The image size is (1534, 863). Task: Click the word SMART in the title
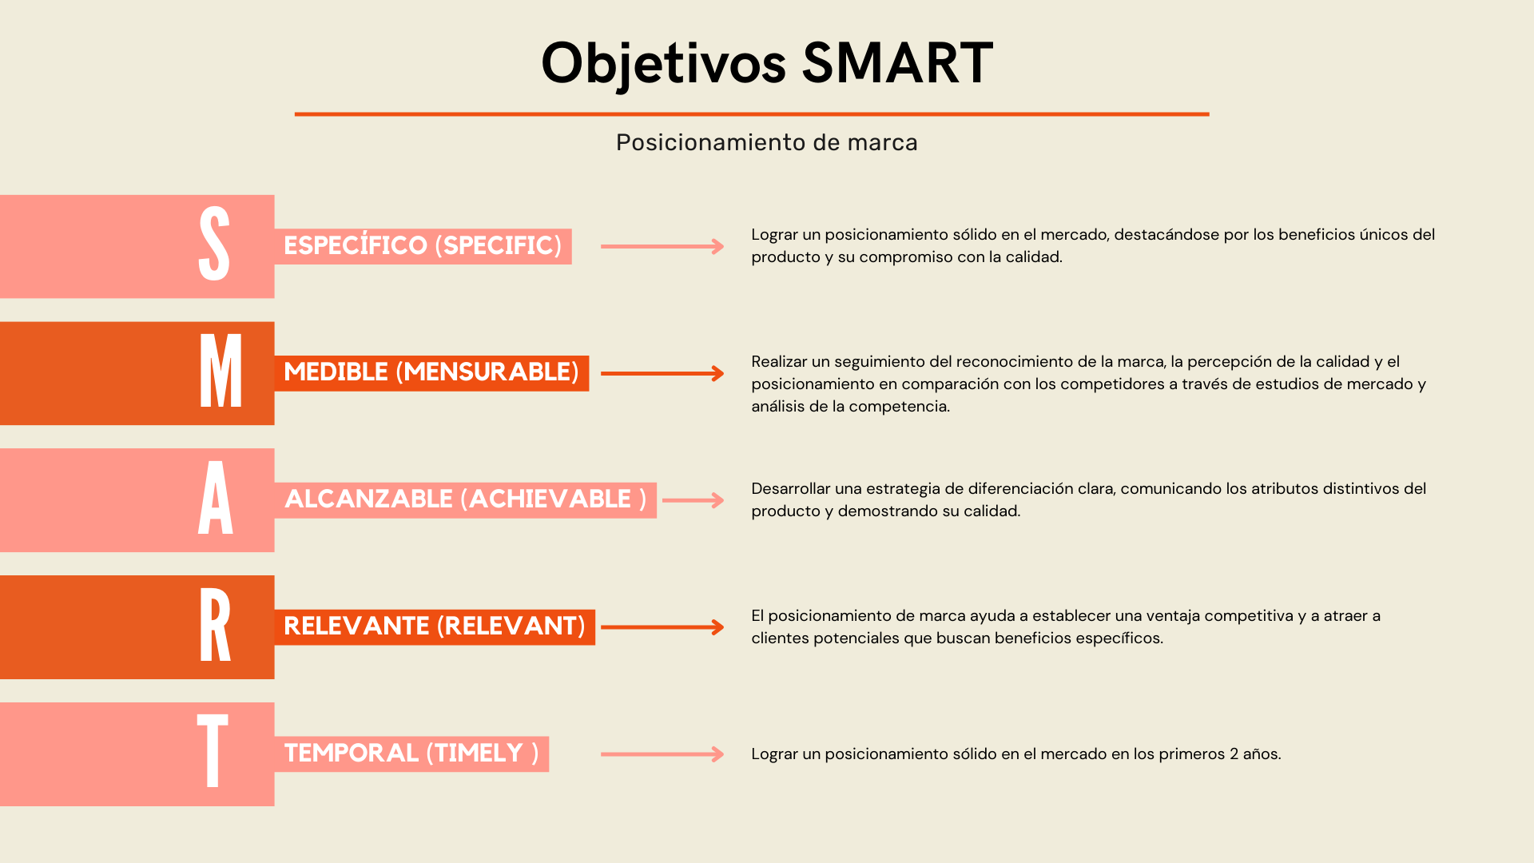pyautogui.click(x=897, y=62)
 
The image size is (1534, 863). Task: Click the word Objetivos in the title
pyautogui.click(x=663, y=64)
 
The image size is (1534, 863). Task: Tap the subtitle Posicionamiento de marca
pyautogui.click(x=766, y=142)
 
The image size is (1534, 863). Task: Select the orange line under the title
pyautogui.click(x=751, y=114)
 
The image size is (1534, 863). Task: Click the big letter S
pyautogui.click(x=214, y=245)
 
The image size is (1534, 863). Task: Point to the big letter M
pyautogui.click(x=220, y=372)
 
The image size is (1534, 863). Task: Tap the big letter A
pyautogui.click(x=216, y=499)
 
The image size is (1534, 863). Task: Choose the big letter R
pyautogui.click(x=215, y=626)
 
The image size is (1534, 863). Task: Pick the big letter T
pyautogui.click(x=213, y=751)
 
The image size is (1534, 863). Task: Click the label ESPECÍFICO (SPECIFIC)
pyautogui.click(x=423, y=246)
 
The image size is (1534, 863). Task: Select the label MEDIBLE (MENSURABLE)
pyautogui.click(x=431, y=372)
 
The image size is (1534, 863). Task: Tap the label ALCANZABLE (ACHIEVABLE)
pyautogui.click(x=465, y=499)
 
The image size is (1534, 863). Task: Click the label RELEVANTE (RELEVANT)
pyautogui.click(x=435, y=626)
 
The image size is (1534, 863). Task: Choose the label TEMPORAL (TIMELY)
pyautogui.click(x=411, y=754)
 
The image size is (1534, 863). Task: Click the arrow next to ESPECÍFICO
pyautogui.click(x=662, y=246)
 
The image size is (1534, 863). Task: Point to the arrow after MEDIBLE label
pyautogui.click(x=662, y=373)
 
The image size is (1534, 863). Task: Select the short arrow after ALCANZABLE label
pyautogui.click(x=693, y=500)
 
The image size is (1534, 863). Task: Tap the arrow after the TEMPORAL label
pyautogui.click(x=662, y=754)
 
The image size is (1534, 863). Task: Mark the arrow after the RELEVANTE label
pyautogui.click(x=662, y=627)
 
